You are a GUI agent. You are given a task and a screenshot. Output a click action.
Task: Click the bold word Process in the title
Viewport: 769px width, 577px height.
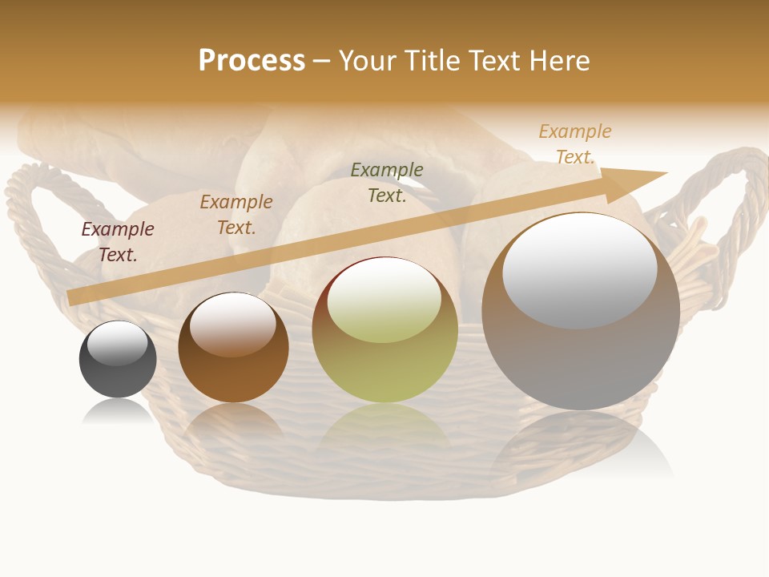pos(252,61)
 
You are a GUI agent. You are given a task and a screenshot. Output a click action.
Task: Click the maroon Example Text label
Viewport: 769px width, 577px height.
pos(118,242)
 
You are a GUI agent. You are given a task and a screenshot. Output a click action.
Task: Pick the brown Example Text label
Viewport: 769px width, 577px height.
pos(236,215)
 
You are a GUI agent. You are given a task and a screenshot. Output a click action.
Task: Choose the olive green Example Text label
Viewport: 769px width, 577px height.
pos(387,183)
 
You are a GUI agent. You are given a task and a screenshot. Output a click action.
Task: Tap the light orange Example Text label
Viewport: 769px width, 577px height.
pos(575,144)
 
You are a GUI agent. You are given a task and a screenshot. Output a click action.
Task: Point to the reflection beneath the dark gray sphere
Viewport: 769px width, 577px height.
pos(118,412)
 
